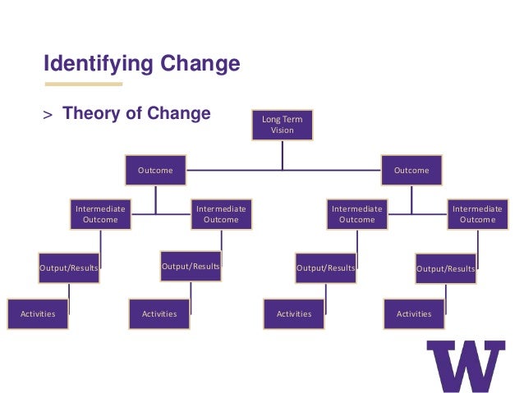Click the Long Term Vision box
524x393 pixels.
pyautogui.click(x=282, y=125)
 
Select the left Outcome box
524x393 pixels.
pyautogui.click(x=155, y=171)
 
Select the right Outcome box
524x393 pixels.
pyautogui.click(x=411, y=171)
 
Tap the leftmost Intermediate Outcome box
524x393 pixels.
pyautogui.click(x=100, y=214)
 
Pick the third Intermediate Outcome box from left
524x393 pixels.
pyautogui.click(x=356, y=214)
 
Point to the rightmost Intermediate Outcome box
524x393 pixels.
pyautogui.click(x=477, y=214)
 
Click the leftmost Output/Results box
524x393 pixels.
pyautogui.click(x=69, y=268)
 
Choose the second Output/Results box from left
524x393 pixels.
pyautogui.click(x=191, y=267)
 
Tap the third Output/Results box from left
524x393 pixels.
pyautogui.click(x=325, y=268)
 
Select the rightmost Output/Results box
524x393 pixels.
pyautogui.click(x=445, y=268)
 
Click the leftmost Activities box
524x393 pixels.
pyautogui.click(x=38, y=314)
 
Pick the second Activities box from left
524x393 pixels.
pyautogui.click(x=159, y=314)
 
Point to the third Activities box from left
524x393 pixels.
pyautogui.click(x=294, y=314)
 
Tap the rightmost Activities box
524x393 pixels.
pyautogui.click(x=414, y=314)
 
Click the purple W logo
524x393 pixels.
pyautogui.click(x=466, y=365)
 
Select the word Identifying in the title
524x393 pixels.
pyautogui.click(x=92, y=63)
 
